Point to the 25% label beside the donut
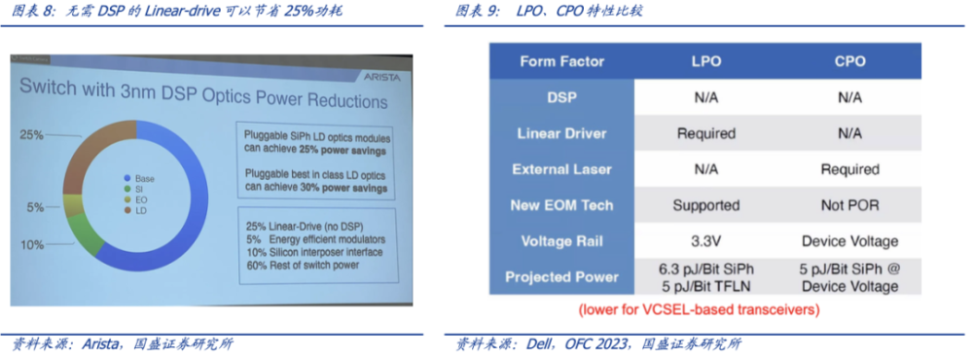click(31, 134)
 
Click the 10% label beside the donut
click(32, 245)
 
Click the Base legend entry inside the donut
click(139, 178)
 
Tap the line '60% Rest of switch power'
click(303, 265)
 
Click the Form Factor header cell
click(561, 61)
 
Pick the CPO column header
click(849, 61)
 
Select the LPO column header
click(706, 61)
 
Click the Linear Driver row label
click(561, 133)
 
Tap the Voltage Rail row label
click(561, 241)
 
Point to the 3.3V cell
click(706, 241)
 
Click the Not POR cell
click(849, 205)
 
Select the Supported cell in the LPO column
click(706, 205)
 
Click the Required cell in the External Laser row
click(849, 169)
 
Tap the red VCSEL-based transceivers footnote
click(699, 308)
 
